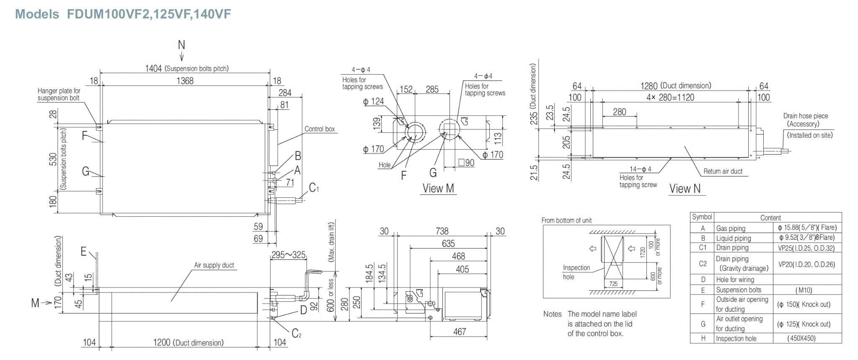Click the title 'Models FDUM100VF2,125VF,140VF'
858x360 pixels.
coord(123,14)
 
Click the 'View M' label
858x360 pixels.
coord(438,189)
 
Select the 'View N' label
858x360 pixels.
coord(685,189)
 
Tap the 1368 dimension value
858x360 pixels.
coord(185,81)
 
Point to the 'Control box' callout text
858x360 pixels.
coord(320,129)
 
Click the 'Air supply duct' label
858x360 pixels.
coord(214,265)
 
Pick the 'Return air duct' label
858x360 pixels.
coord(723,171)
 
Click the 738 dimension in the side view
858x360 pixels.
coord(442,231)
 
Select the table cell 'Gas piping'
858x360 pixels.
coord(731,228)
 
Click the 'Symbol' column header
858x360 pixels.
coord(702,217)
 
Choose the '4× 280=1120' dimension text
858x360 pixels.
coord(670,98)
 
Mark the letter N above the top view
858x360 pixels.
coord(181,45)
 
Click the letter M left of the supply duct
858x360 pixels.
coord(35,303)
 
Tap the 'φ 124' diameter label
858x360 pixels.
coord(373,101)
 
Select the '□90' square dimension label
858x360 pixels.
coord(466,163)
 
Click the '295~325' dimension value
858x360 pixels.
coord(288,255)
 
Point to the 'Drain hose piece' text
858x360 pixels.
coord(805,116)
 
